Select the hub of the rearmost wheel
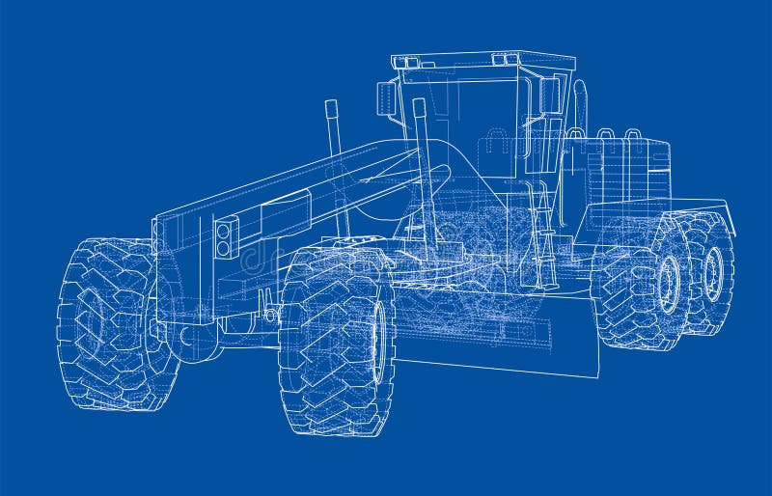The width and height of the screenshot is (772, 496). [x=713, y=274]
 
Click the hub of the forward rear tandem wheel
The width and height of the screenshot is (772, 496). [x=667, y=285]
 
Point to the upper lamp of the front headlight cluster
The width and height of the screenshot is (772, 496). [x=225, y=230]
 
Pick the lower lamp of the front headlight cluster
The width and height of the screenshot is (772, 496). [x=225, y=248]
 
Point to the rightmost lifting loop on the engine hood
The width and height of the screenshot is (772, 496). [x=633, y=134]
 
